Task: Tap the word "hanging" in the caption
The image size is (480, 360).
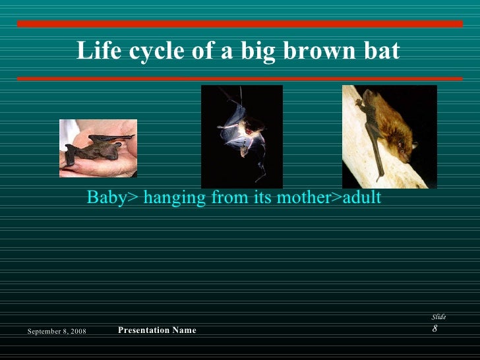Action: (171, 198)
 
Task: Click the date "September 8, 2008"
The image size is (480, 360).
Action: (61, 330)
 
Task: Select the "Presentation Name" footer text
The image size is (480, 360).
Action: (156, 330)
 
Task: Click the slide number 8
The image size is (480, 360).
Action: (435, 328)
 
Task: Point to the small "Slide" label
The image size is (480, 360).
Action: (438, 317)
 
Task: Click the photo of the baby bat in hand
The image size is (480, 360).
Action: (98, 148)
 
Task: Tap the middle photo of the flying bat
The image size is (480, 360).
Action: (241, 136)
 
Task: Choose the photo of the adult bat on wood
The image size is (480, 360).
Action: (389, 136)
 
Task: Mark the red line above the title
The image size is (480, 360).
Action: (240, 24)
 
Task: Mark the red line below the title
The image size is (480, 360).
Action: (240, 78)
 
